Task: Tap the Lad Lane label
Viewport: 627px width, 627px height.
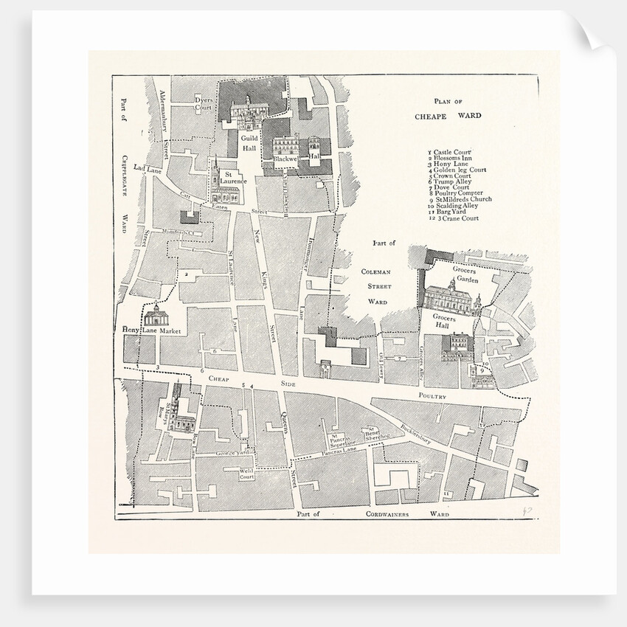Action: click(147, 169)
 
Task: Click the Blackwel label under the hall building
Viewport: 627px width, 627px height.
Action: click(283, 158)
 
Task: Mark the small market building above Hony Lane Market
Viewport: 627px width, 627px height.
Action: click(156, 319)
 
